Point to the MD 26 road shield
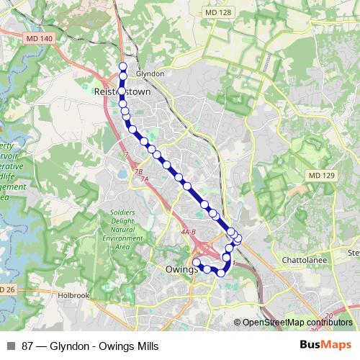[x=6, y=289]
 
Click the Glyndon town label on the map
[x=150, y=73]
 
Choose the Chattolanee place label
[x=305, y=258]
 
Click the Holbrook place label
[x=73, y=294]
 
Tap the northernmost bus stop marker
[x=123, y=67]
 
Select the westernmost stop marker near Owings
[x=197, y=262]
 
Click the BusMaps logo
[x=323, y=343]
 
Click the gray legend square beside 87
[x=11, y=343]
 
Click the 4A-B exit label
[x=189, y=232]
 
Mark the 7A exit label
[x=145, y=179]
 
